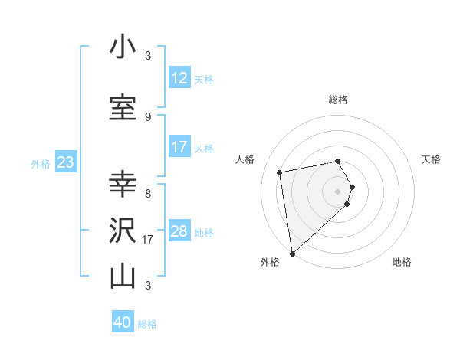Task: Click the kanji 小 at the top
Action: coord(123,47)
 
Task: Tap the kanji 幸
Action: coord(123,184)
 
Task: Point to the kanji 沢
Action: coord(123,231)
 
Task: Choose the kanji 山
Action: coord(123,276)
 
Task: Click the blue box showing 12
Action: coord(179,78)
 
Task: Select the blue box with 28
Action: coord(179,231)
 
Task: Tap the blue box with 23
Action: coord(65,162)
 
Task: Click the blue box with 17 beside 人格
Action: coord(179,147)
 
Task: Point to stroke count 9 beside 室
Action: coord(147,116)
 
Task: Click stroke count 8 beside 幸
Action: coord(147,193)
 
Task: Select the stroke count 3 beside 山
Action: coord(147,286)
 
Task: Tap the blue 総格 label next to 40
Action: coord(147,324)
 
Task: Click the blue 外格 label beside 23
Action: coord(41,163)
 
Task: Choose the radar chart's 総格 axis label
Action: coord(337,100)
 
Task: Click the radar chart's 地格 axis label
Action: coord(402,263)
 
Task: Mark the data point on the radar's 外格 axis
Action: coord(292,253)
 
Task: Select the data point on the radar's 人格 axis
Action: coord(280,172)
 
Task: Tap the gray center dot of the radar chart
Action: coord(337,191)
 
